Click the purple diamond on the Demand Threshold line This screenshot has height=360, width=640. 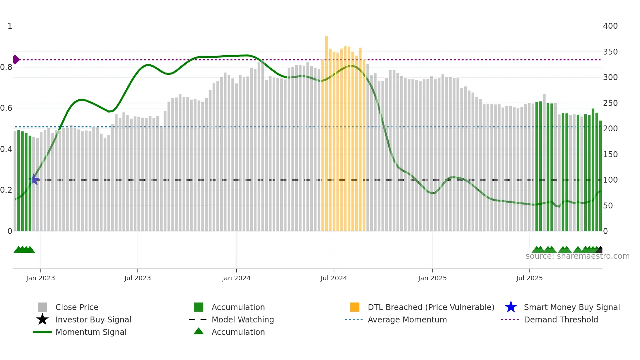[x=16, y=59]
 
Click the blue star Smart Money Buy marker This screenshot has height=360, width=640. [x=34, y=179]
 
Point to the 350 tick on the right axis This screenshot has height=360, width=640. [x=610, y=52]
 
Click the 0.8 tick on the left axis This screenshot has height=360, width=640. [x=6, y=67]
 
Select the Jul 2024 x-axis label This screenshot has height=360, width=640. [x=334, y=278]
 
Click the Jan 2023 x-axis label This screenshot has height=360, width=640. [x=40, y=278]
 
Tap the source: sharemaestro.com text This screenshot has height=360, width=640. [x=577, y=256]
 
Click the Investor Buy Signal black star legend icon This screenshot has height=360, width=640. [x=42, y=319]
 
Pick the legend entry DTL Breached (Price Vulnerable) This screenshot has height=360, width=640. [x=431, y=307]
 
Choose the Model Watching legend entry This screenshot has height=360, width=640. [x=242, y=319]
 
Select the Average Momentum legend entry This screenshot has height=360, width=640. [x=407, y=319]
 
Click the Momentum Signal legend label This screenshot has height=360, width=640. [x=91, y=332]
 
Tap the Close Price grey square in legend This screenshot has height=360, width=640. [x=42, y=307]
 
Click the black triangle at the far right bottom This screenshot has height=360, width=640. [x=600, y=250]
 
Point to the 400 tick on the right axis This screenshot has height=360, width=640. [x=610, y=26]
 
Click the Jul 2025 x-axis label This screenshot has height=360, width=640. [x=529, y=278]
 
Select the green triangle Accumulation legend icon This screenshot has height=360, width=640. [x=199, y=331]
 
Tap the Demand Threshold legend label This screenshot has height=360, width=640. [x=561, y=319]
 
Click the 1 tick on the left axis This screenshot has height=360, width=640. [x=10, y=26]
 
